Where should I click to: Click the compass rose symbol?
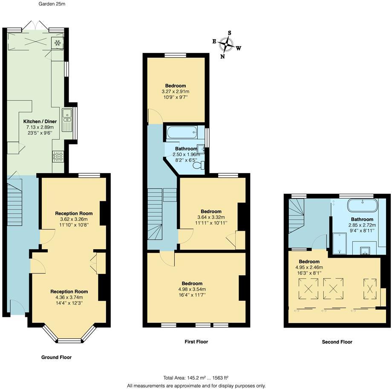[226, 44]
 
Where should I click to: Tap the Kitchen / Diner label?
[40, 122]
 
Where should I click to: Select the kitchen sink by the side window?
[67, 120]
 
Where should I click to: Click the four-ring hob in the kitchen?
[58, 157]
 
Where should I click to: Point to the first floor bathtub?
[182, 132]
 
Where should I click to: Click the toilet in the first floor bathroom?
[199, 165]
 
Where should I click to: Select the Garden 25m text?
[52, 4]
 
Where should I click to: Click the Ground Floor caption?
[57, 357]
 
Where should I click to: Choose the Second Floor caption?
[337, 342]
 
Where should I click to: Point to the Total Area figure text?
[196, 378]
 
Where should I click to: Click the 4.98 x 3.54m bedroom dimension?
[192, 289]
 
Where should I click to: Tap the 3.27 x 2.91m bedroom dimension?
[176, 91]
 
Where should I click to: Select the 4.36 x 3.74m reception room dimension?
[69, 297]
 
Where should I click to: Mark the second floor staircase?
[297, 216]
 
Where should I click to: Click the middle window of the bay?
[70, 340]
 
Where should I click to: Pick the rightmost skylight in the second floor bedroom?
[370, 289]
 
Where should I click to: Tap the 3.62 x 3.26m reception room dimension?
[74, 219]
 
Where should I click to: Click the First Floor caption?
[196, 342]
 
